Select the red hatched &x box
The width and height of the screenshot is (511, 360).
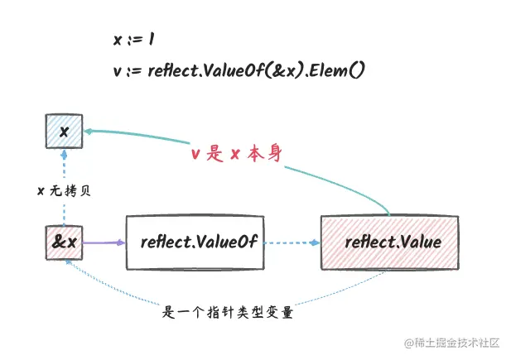64,242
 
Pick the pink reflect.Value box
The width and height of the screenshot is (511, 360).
393,242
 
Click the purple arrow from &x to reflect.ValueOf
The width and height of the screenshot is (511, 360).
104,242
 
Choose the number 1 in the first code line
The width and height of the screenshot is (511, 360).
155,39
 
